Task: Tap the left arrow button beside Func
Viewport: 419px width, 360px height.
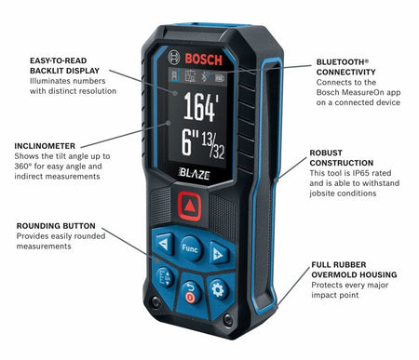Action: pos(165,247)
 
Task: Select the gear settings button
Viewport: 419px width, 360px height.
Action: pos(218,289)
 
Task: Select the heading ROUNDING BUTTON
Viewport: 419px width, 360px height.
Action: pos(53,225)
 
